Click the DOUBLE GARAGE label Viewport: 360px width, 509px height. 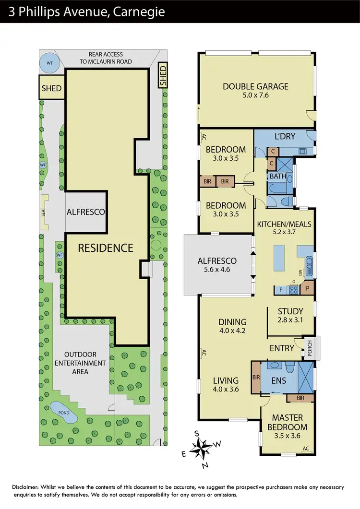(x=255, y=86)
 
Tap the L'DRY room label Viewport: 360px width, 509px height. (x=285, y=137)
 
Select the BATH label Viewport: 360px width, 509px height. (x=277, y=176)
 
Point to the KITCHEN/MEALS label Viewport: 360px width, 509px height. (x=284, y=224)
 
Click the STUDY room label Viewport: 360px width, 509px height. (x=290, y=311)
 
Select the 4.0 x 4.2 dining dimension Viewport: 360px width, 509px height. (x=232, y=331)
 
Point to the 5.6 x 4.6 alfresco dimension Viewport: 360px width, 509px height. (x=217, y=270)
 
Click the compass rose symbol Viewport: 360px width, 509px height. (x=202, y=448)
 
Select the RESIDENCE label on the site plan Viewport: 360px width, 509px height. (x=106, y=248)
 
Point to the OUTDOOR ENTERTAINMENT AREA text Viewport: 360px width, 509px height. (x=80, y=363)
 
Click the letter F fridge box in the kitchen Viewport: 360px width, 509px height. (x=280, y=290)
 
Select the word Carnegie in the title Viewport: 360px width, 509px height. (x=140, y=11)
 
